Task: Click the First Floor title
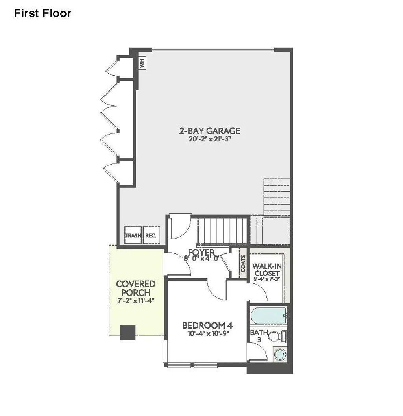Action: [x=43, y=13]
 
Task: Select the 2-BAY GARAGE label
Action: [x=209, y=131]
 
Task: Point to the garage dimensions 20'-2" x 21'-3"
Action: [x=209, y=139]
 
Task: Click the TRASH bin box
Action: [x=133, y=235]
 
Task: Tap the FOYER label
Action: [x=201, y=252]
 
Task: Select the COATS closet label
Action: [x=243, y=264]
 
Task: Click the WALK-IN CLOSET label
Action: [x=267, y=270]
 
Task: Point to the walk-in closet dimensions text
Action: [x=267, y=279]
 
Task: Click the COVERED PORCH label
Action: [x=135, y=288]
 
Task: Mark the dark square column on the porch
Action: [x=128, y=333]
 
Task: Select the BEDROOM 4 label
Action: [x=207, y=325]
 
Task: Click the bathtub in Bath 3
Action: [x=268, y=315]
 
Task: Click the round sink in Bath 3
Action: [x=279, y=354]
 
